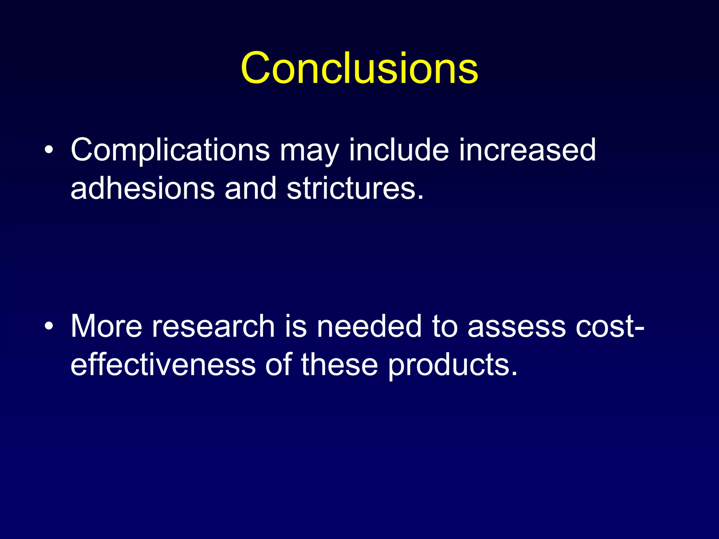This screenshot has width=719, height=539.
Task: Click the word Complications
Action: point(170,150)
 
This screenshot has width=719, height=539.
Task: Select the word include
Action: point(399,150)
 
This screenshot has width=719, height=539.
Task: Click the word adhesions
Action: point(143,188)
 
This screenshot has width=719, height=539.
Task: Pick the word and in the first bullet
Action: point(251,188)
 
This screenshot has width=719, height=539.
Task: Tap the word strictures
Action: point(355,188)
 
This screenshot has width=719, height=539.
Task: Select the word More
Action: point(106,326)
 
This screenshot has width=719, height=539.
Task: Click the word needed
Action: point(369,326)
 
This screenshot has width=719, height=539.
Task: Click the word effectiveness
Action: point(163,365)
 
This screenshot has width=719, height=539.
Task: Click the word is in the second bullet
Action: point(296,326)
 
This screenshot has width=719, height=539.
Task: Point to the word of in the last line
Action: point(278,365)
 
